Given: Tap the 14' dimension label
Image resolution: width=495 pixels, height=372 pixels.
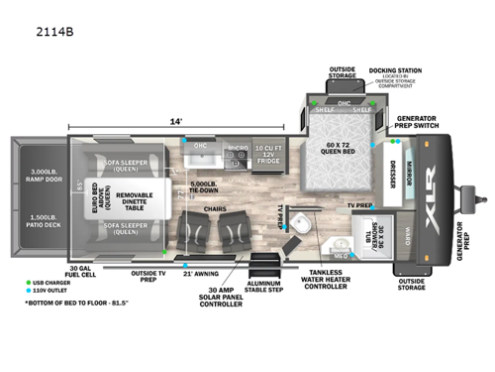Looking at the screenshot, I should click(176, 120).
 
